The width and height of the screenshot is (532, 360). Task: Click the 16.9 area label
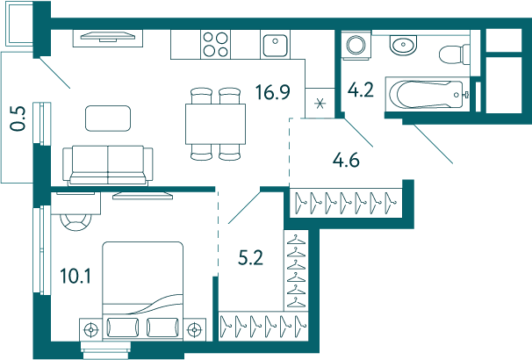273,92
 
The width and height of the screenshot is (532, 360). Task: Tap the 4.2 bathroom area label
361,90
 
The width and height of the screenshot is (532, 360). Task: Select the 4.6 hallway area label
346,160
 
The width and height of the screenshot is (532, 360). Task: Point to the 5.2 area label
250,258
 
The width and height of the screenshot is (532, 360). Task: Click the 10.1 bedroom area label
75,276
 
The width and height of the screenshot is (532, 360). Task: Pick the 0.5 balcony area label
18,119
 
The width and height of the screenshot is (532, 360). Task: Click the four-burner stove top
215,45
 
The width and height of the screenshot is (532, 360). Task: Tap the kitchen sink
275,45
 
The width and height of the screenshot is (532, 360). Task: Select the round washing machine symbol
356,45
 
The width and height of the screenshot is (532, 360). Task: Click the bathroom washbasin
403,45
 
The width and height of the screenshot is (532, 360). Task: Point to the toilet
454,54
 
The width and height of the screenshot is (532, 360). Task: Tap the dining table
215,124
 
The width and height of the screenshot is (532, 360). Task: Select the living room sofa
108,166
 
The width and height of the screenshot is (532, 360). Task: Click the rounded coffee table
108,118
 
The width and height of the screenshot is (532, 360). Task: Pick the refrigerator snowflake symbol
320,103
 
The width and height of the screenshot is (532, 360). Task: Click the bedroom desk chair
75,222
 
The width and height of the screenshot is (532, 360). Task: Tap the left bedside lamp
91,328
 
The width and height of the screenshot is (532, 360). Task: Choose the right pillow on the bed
162,328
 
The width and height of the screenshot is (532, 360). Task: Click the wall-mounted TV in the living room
108,36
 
